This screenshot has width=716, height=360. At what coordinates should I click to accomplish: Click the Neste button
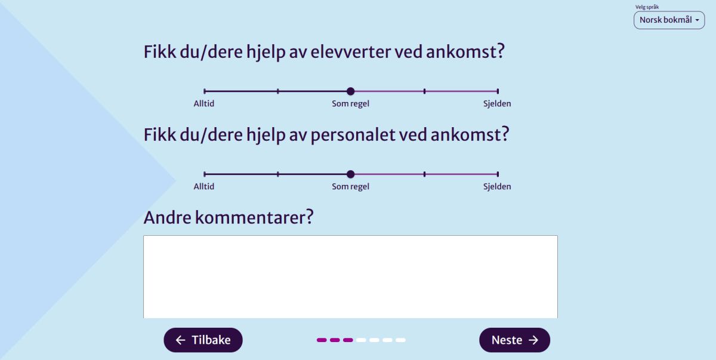(514, 340)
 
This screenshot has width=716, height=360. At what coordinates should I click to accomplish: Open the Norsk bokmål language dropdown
(669, 20)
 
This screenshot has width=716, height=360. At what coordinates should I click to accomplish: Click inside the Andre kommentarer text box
(350, 277)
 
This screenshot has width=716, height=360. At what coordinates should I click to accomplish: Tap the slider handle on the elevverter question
(351, 91)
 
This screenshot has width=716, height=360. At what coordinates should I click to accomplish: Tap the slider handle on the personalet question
(351, 174)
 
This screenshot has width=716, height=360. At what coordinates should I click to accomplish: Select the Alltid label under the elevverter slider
(204, 104)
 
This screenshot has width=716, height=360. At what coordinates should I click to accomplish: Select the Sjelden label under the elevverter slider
(497, 104)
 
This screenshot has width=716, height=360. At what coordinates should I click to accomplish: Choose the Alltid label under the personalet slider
(204, 186)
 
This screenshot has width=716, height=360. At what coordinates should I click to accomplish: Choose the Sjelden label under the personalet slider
(497, 186)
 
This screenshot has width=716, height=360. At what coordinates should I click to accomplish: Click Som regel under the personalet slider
(350, 187)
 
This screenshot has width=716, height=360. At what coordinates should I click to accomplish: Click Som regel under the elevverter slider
(350, 104)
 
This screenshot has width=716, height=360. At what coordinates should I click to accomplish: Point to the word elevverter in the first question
(350, 52)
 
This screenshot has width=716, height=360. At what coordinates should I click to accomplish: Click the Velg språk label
(647, 7)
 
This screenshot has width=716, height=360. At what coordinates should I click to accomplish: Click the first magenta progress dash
(322, 340)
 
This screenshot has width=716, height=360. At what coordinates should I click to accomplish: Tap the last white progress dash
(400, 340)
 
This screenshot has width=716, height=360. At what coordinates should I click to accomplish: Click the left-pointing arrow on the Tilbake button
(181, 340)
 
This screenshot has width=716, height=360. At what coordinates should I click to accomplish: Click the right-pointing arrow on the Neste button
(533, 340)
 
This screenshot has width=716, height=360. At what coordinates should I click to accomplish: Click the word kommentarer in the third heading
(254, 218)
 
